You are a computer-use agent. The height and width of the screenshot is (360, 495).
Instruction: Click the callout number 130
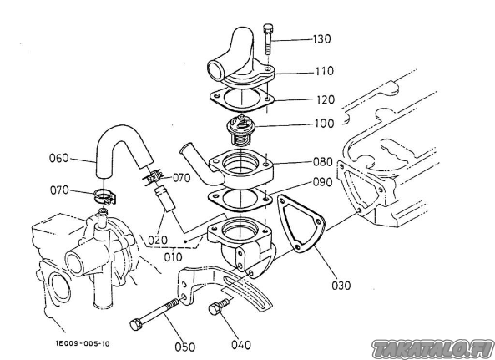click(322, 39)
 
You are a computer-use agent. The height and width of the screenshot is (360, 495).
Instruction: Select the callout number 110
click(325, 71)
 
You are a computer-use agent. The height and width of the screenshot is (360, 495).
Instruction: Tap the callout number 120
click(326, 99)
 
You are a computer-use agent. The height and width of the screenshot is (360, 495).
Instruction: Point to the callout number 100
click(324, 123)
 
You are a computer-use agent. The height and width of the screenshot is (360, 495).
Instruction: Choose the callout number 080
click(323, 162)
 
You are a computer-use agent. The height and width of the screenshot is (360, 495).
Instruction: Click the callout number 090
click(322, 182)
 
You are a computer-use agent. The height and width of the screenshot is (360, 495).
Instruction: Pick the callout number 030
click(341, 286)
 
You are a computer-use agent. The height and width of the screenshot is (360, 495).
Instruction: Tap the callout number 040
click(241, 345)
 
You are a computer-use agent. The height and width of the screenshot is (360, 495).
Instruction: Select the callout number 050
click(185, 347)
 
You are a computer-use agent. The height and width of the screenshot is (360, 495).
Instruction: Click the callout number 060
click(59, 158)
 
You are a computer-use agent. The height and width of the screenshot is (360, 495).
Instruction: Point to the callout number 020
click(158, 241)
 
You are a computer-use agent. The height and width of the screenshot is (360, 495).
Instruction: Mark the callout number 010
click(174, 257)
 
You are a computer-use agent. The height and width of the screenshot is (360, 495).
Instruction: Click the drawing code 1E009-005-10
click(83, 343)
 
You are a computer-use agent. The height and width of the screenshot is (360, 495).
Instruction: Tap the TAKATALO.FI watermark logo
click(433, 349)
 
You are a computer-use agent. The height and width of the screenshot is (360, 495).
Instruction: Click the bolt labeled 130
click(267, 39)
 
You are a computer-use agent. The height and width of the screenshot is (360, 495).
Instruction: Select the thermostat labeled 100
click(241, 131)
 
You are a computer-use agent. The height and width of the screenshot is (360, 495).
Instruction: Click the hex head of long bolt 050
click(136, 324)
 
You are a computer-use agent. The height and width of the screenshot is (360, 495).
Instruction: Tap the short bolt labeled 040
click(220, 307)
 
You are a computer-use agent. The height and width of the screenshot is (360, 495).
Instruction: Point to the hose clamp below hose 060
click(105, 196)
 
